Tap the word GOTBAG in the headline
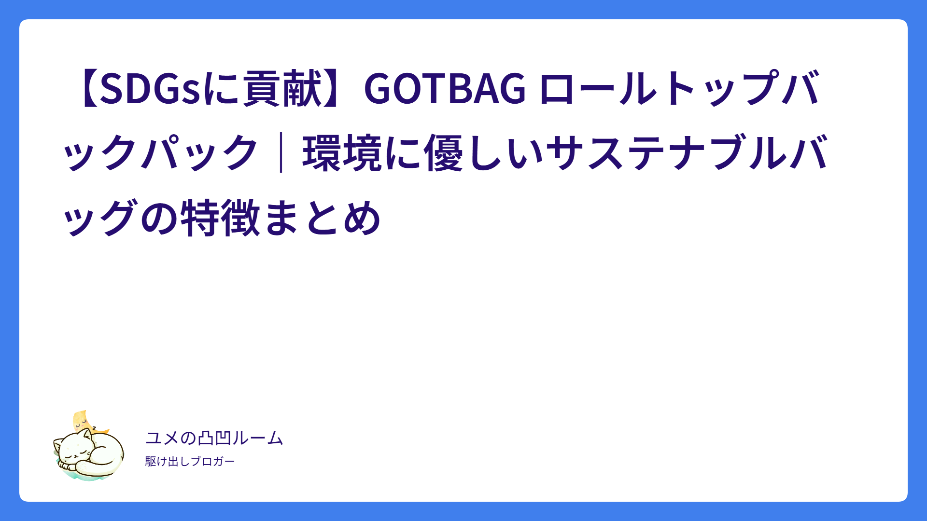(445, 88)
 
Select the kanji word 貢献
(282, 88)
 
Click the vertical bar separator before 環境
(281, 153)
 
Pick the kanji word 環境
(343, 153)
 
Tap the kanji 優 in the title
(444, 153)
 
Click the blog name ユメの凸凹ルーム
(214, 438)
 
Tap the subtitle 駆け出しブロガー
(190, 461)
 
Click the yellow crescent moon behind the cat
(82, 421)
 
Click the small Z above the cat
(94, 427)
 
